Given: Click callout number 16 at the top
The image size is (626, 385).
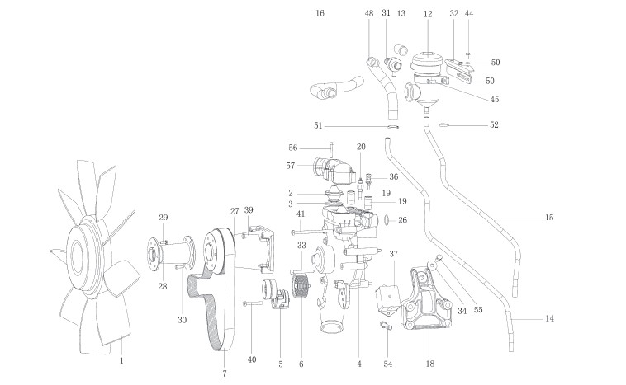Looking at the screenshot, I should tap(320, 13).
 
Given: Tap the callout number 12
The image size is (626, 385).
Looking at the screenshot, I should tap(428, 14).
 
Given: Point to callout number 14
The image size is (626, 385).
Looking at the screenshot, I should tap(549, 318).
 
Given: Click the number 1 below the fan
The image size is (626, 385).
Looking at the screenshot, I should tap(122, 360).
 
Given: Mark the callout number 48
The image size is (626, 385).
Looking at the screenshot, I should tap(369, 14).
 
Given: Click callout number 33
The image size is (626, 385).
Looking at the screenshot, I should tap(302, 246).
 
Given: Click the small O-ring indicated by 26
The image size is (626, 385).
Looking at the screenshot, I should tap(388, 220).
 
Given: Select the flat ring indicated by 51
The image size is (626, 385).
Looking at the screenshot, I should tap(393, 127).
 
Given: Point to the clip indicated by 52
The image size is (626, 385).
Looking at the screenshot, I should tap(443, 125).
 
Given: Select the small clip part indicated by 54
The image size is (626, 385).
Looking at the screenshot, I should tap(384, 326).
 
